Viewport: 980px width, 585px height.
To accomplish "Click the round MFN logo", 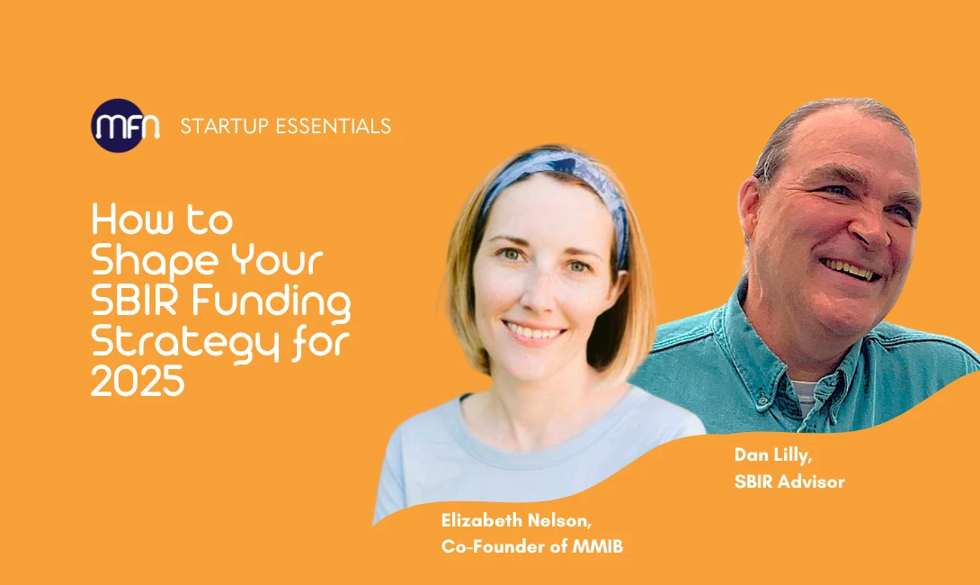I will [x=126, y=126].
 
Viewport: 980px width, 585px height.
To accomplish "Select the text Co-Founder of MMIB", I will [x=531, y=546].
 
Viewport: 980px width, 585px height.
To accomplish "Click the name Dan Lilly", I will [x=771, y=455].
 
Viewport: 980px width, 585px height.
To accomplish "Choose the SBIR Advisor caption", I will [x=789, y=481].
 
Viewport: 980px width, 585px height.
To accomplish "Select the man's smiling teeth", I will [x=849, y=266].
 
